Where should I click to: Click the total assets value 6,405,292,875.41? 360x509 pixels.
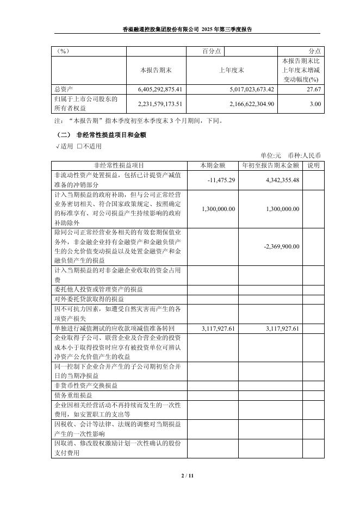point(157,89)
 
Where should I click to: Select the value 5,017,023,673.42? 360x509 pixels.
point(247,89)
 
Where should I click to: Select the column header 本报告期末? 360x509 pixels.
point(156,70)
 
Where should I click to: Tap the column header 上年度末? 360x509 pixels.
point(232,70)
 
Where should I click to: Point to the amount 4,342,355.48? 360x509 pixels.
point(281,180)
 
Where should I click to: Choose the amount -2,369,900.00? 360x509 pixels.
point(281,246)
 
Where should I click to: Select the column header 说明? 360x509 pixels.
point(314,165)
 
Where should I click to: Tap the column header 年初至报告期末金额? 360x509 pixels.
point(271,165)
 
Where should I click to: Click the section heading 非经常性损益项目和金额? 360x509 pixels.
point(111,134)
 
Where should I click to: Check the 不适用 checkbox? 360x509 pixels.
point(80,146)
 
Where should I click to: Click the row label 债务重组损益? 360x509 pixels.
point(73,395)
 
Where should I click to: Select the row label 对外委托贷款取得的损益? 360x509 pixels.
point(89,299)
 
